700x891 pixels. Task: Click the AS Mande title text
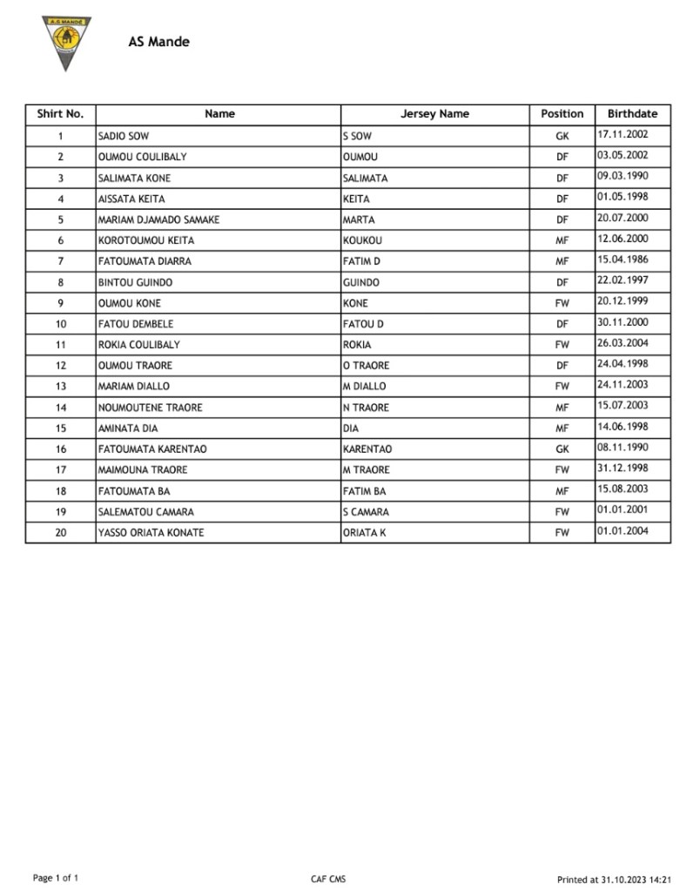click(x=158, y=41)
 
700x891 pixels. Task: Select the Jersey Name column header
click(x=434, y=114)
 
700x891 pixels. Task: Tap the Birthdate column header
click(x=632, y=114)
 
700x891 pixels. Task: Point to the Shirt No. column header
click(x=60, y=114)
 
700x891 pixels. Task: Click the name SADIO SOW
click(x=124, y=137)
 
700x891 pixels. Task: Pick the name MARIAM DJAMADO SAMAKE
click(x=158, y=220)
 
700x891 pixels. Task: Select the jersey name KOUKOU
click(x=362, y=241)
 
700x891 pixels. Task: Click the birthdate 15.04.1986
click(x=622, y=260)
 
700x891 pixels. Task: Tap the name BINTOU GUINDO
click(x=135, y=283)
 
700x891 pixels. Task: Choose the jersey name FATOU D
click(x=363, y=325)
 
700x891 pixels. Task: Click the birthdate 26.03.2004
click(x=622, y=344)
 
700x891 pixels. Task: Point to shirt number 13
click(x=60, y=387)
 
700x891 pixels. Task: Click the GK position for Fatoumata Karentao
click(x=562, y=449)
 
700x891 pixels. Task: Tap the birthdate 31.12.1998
click(x=622, y=469)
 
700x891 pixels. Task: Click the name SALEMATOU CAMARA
click(x=146, y=512)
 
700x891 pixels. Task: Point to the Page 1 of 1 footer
click(x=56, y=878)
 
